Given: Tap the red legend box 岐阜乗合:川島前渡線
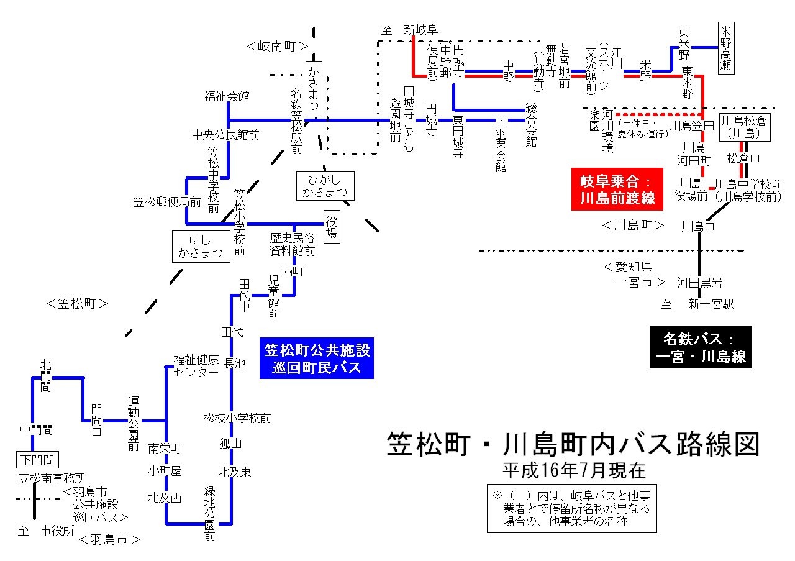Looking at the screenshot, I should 614,189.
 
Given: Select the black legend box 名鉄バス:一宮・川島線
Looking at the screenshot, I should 700,347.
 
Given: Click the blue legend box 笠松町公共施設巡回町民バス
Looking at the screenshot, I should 317,358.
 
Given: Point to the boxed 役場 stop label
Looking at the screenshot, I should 332,226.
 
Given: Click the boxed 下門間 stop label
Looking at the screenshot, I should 37,460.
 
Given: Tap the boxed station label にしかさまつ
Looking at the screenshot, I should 201,246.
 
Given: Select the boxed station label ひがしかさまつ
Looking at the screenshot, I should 324,185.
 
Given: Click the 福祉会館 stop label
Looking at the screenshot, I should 227,96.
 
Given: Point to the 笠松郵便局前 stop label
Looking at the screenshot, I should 167,202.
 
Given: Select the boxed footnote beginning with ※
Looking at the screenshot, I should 571,508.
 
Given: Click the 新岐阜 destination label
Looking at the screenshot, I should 420,29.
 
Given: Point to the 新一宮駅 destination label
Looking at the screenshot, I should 711,304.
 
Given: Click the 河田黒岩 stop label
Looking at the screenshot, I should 700,283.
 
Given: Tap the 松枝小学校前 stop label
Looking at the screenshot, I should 237,418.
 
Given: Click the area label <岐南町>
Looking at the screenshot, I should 277,46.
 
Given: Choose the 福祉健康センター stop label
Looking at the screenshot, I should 196,365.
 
